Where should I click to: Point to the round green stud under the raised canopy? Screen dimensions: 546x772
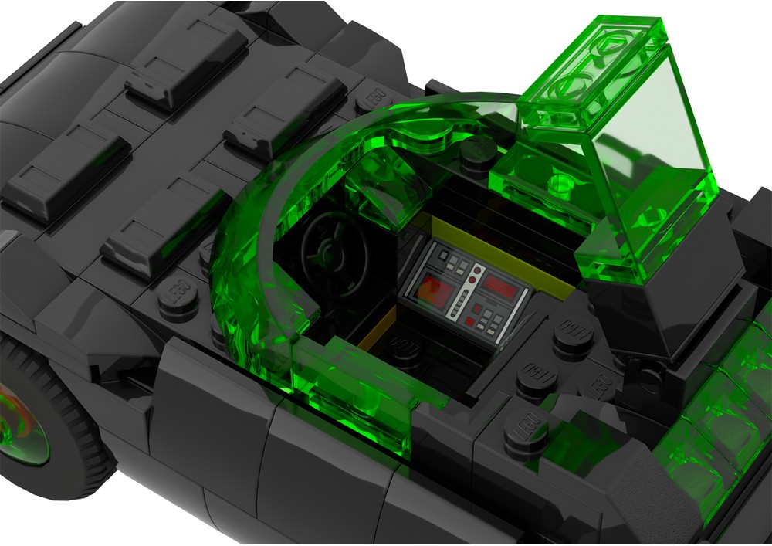562,183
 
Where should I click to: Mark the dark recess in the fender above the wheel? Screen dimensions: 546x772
100,340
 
